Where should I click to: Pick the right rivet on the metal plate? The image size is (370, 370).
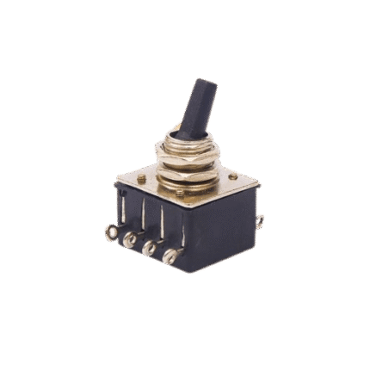pyautogui.click(x=232, y=177)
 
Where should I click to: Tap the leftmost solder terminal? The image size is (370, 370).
pyautogui.click(x=110, y=232)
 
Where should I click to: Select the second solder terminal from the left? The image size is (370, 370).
pyautogui.click(x=129, y=240)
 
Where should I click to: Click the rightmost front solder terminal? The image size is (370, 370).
pyautogui.click(x=173, y=256)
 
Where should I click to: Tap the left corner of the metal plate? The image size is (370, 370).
pyautogui.click(x=115, y=182)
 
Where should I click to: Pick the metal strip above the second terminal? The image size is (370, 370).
pyautogui.click(x=133, y=215)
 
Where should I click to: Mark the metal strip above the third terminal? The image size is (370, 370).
pyautogui.click(x=155, y=222)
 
